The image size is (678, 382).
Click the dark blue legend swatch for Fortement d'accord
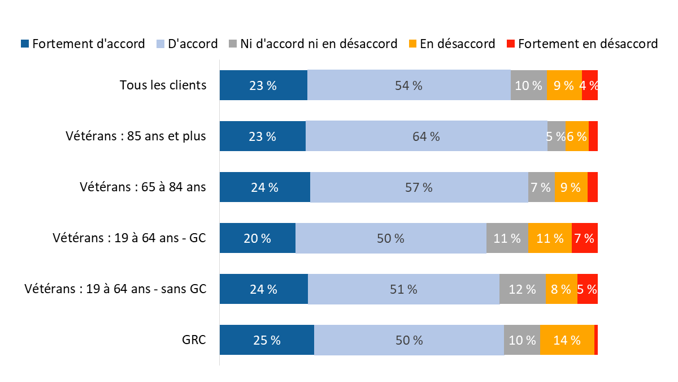[25, 44]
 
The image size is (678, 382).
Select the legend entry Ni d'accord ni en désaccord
[319, 44]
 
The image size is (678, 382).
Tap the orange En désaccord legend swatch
[413, 44]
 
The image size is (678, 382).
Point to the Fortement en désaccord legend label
[588, 44]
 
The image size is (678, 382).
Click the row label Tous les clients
[163, 85]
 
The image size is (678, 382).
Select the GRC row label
[194, 340]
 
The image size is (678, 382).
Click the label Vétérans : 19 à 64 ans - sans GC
[115, 289]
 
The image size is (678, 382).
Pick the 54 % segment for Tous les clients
[408, 85]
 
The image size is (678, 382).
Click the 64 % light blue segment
[426, 136]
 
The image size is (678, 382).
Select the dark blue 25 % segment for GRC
[267, 340]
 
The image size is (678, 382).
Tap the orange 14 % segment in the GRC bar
[567, 340]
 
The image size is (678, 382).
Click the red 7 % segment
[585, 238]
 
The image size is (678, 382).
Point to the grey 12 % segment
[522, 289]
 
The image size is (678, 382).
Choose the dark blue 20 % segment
[257, 238]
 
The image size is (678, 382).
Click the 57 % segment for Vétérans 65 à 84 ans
[419, 187]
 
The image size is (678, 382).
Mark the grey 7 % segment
[541, 187]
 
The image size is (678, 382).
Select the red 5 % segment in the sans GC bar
[588, 289]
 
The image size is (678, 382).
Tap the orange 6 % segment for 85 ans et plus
[577, 136]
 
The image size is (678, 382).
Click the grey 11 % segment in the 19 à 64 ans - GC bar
[507, 238]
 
